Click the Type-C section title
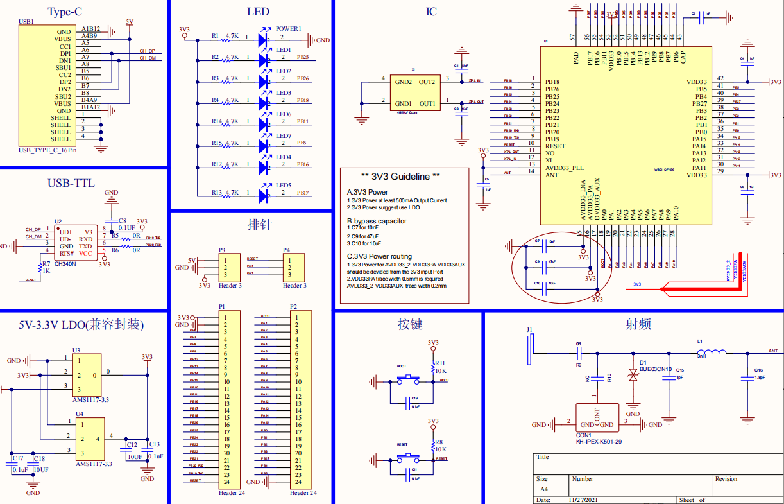pyautogui.click(x=65, y=12)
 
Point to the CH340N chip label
pyautogui.click(x=65, y=263)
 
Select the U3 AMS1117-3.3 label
pyautogui.click(x=92, y=399)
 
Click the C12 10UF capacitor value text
pyautogui.click(x=135, y=457)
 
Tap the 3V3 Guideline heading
pyautogui.click(x=400, y=177)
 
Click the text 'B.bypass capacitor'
pyautogui.click(x=377, y=221)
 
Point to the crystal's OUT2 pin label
pyautogui.click(x=427, y=82)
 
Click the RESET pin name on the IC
pyautogui.click(x=555, y=146)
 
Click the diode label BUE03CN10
pyautogui.click(x=655, y=369)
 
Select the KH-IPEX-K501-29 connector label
pyautogui.click(x=599, y=442)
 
